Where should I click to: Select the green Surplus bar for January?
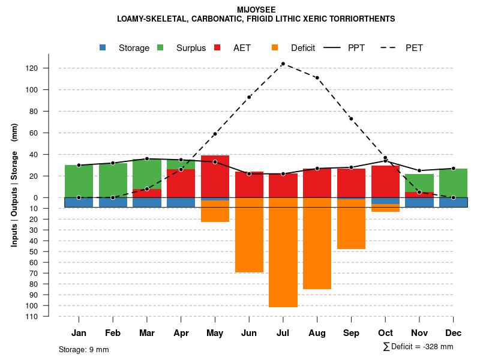click(79, 181)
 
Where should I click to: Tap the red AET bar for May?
click(215, 176)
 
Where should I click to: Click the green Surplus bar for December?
click(453, 183)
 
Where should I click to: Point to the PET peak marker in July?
click(283, 64)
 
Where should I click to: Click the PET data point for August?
click(317, 78)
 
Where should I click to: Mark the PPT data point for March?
click(147, 158)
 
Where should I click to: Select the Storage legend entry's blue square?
click(103, 48)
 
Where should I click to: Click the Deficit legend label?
click(303, 48)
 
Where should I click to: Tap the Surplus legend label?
click(191, 48)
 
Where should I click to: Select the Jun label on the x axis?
click(249, 333)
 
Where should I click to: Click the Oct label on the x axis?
click(385, 333)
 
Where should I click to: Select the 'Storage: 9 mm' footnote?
click(84, 349)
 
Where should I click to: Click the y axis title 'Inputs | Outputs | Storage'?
click(14, 199)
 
